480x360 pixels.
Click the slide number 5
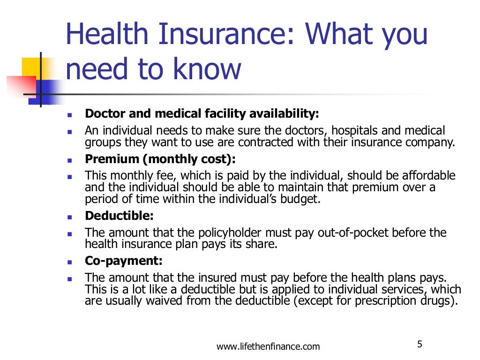pyautogui.click(x=420, y=345)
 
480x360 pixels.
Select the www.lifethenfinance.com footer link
pyautogui.click(x=268, y=347)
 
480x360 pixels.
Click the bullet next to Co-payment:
pyautogui.click(x=69, y=262)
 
